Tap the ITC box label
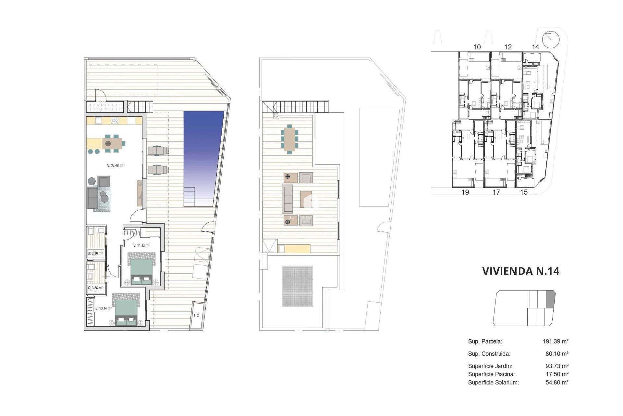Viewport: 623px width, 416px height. (197, 316)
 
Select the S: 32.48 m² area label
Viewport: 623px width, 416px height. (115, 165)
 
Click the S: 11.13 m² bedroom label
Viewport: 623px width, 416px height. (141, 245)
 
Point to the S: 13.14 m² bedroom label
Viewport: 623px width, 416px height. (103, 308)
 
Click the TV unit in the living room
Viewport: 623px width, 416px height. (140, 193)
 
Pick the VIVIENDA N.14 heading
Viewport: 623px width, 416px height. (520, 271)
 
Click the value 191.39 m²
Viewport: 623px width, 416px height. (555, 341)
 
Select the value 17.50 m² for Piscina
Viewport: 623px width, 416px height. (557, 374)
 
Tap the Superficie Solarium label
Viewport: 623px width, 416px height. (493, 383)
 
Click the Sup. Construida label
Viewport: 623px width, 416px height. (489, 354)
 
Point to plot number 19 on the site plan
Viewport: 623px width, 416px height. (465, 192)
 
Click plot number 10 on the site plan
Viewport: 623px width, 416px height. (477, 47)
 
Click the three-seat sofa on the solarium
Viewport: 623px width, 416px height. (287, 199)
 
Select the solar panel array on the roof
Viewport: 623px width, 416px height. (297, 286)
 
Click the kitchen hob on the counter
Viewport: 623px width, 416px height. (115, 121)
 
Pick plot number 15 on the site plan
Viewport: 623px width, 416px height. (524, 192)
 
